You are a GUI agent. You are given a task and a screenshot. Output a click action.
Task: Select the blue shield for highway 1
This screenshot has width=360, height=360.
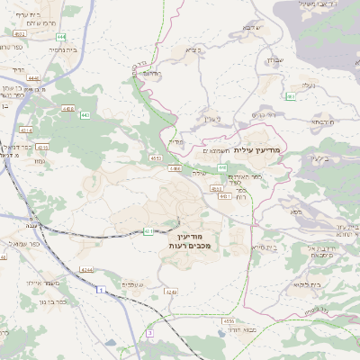pos(100,290)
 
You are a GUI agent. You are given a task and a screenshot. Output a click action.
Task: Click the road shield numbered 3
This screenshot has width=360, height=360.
pos(149,334)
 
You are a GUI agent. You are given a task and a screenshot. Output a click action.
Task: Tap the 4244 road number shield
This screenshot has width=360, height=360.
pos(85,270)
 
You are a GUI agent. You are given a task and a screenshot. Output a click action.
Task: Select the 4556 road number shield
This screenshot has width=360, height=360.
pos(228,320)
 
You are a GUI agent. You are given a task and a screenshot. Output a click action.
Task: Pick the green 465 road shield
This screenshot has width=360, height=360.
pos(291,96)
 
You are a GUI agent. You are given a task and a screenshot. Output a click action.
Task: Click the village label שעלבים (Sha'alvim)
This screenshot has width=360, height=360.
pos(130,283)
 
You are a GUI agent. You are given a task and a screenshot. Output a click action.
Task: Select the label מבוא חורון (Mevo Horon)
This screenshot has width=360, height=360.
pos(244,329)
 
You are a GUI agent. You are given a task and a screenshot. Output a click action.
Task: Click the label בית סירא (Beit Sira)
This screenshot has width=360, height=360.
pos(267,246)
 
